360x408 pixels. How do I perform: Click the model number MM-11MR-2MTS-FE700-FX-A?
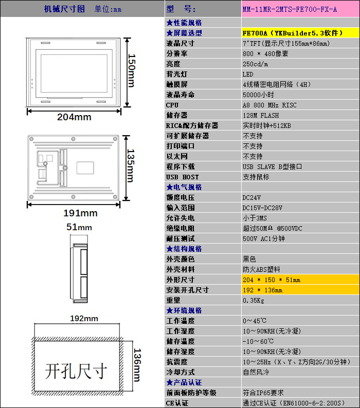click(x=290, y=10)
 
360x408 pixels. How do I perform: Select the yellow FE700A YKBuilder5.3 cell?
click(x=300, y=33)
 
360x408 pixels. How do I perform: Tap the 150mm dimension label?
click(x=131, y=70)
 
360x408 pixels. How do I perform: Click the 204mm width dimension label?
click(x=74, y=117)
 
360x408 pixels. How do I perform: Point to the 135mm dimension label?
click(x=131, y=165)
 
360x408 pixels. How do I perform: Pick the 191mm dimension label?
click(x=81, y=213)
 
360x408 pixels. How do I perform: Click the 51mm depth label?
click(x=79, y=227)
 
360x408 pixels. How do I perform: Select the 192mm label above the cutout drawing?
click(x=84, y=318)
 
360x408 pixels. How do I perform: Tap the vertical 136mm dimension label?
click(x=137, y=365)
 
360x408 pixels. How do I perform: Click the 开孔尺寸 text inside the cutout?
click(x=76, y=371)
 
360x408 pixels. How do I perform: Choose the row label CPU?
click(x=172, y=105)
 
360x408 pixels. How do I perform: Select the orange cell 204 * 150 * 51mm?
click(x=300, y=280)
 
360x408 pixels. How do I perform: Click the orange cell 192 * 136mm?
click(x=300, y=290)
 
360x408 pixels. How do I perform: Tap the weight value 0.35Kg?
click(x=254, y=300)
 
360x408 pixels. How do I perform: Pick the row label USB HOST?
click(x=183, y=177)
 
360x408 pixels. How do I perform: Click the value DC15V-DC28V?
click(x=262, y=208)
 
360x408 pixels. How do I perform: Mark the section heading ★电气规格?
click(x=184, y=187)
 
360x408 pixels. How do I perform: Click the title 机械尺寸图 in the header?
click(x=64, y=9)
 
